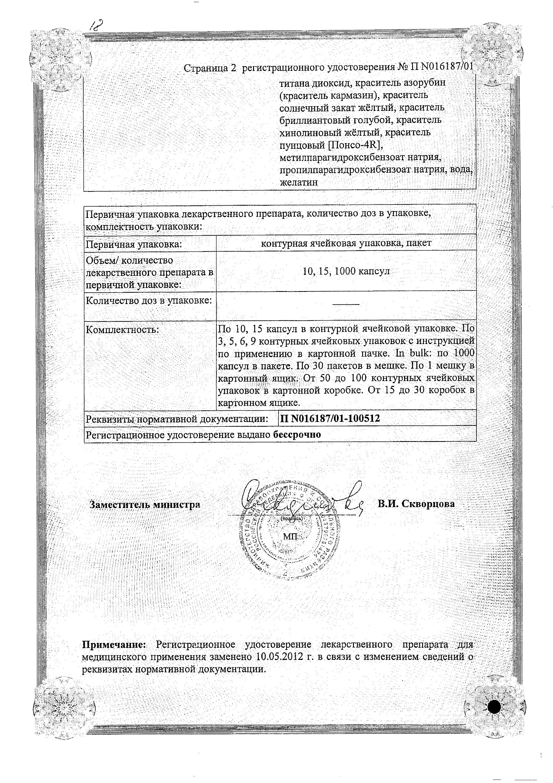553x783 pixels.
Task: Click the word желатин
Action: tap(299, 183)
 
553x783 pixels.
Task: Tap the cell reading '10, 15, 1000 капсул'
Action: tap(346, 271)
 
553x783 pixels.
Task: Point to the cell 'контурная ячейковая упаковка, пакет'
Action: tap(346, 243)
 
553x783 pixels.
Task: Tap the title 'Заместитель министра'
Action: tap(145, 505)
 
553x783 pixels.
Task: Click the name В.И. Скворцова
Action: tap(416, 504)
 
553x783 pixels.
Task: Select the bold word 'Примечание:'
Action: tap(115, 644)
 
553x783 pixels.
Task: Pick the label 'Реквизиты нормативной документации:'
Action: tap(177, 419)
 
